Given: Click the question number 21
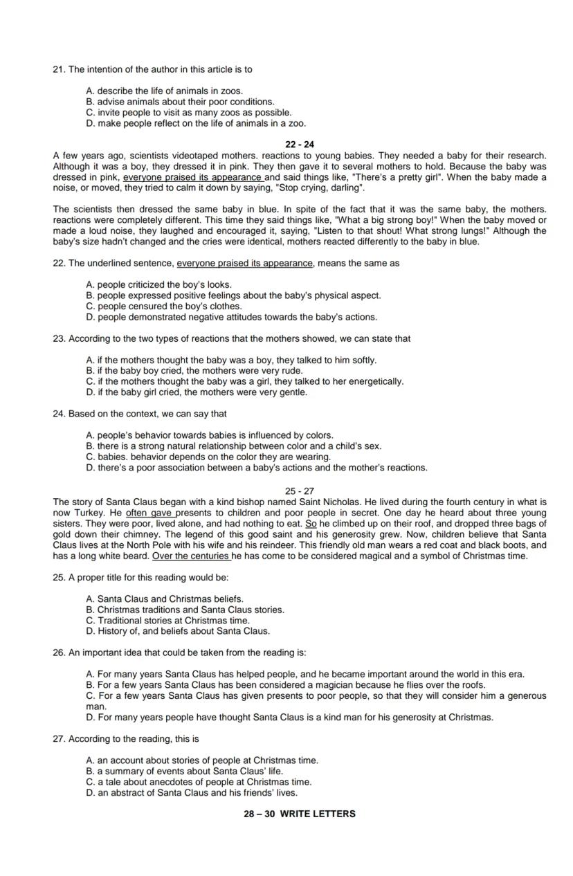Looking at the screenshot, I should tap(59, 69).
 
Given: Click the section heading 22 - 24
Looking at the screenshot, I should tap(299, 145).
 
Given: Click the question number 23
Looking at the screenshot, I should tap(59, 338).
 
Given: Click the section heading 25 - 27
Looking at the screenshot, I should tap(299, 491).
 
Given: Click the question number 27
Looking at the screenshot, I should tap(59, 739).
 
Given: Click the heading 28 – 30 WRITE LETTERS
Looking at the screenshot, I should tap(299, 814).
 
